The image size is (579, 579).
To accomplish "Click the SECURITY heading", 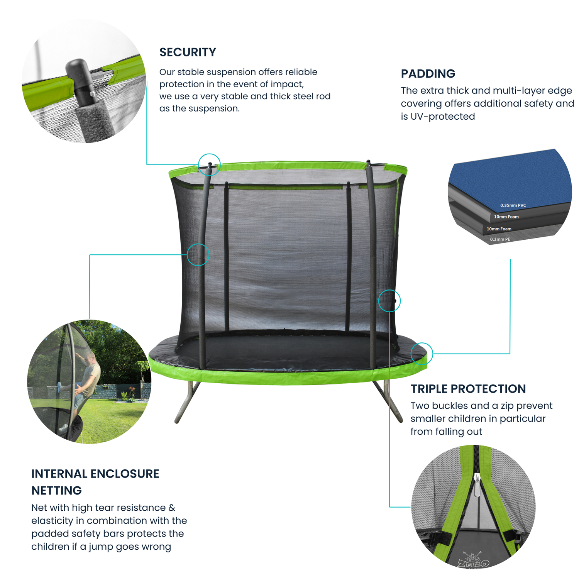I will click(188, 52).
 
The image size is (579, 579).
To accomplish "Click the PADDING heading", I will click(428, 74).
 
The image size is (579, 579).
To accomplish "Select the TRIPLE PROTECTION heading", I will click(468, 389).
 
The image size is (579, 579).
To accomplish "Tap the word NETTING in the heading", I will click(56, 491).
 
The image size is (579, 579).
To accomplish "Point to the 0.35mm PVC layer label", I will click(513, 205).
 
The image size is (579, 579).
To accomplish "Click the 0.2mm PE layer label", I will click(500, 239).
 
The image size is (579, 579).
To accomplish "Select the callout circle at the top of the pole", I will click(209, 164).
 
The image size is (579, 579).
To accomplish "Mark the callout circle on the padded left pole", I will click(198, 255).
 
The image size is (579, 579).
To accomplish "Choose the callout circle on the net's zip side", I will click(389, 301).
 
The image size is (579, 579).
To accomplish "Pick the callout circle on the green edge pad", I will click(422, 354).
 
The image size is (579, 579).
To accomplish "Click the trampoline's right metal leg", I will click(388, 401).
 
